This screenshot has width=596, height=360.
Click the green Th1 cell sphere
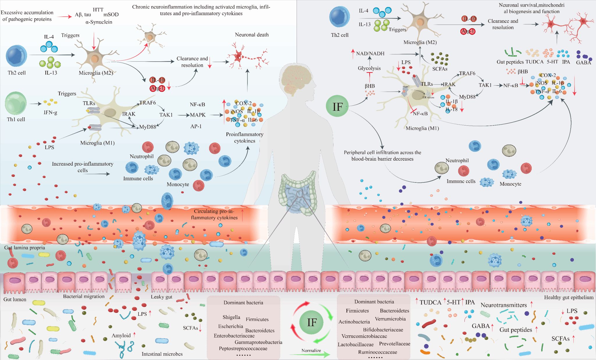tap(16, 103)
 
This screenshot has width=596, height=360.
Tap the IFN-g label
tap(50, 112)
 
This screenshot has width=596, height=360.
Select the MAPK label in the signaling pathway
tap(198, 115)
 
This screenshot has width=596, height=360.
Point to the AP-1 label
tap(196, 126)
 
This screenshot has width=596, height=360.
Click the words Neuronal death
tap(252, 35)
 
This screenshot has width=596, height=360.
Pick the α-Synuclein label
tap(99, 22)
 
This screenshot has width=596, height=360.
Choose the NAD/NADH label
tap(370, 54)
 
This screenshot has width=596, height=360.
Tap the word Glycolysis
tap(369, 68)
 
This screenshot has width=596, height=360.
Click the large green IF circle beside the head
tap(337, 106)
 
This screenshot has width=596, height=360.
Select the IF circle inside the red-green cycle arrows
tap(312, 322)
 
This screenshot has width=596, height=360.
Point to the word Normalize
tap(311, 350)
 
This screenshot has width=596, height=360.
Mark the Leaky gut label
tap(162, 297)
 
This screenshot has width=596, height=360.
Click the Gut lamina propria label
tap(25, 248)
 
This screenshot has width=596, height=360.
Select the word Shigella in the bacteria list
tap(231, 317)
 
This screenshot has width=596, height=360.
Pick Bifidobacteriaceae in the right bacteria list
tap(383, 330)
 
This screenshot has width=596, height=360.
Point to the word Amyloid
tap(121, 336)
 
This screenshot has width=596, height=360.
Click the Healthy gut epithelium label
tap(569, 297)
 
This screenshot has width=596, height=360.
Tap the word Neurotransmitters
tap(503, 305)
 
